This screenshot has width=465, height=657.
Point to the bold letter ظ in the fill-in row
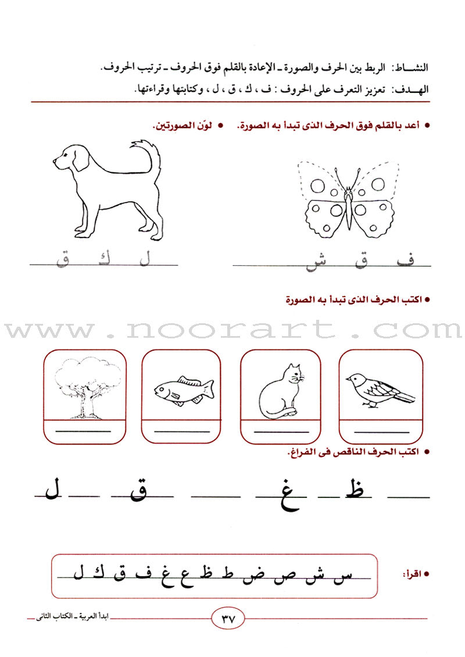click(x=357, y=492)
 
